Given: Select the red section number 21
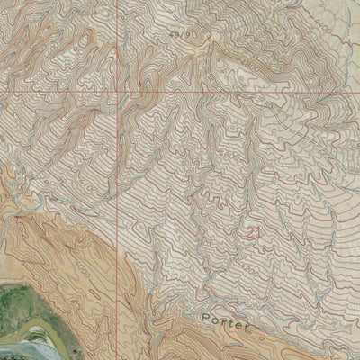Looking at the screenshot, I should [255, 233].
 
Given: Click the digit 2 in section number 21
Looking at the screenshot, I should [250, 233].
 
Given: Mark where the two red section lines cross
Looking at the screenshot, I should [122, 92].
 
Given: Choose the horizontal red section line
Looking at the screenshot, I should [54, 92].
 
